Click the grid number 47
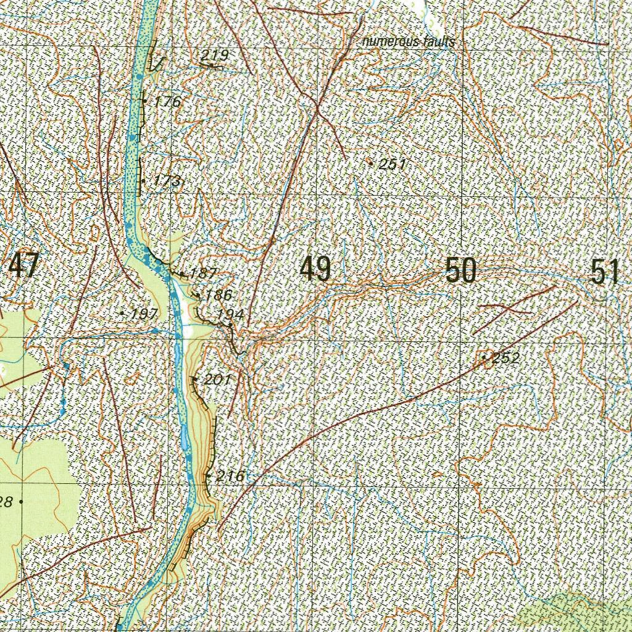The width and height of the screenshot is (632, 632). pos(23,267)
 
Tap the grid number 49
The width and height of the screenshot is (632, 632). pos(315,270)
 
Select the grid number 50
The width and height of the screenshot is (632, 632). pos(461,271)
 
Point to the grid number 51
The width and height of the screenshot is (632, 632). pos(604,272)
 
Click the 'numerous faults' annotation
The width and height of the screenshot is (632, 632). pos(409,42)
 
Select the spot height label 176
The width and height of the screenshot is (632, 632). pos(168,102)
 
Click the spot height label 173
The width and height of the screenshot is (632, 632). pos(168,181)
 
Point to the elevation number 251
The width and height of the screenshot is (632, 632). pos(393,164)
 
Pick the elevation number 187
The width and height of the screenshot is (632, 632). pos(203,273)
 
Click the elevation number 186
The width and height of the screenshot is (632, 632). pos(218,295)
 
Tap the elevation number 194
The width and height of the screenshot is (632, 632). pos(230,315)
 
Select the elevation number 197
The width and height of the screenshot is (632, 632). pos(144,314)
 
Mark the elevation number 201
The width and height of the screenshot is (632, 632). pos(217,380)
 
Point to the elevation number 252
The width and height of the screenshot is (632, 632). pos(506,358)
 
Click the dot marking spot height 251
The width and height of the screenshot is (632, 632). pos(370,163)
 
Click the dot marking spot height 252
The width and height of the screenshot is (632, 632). pos(484,357)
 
